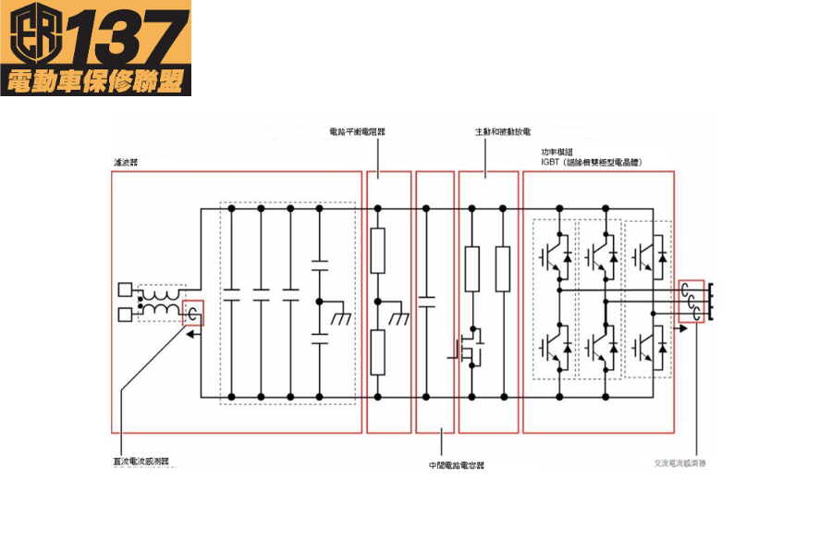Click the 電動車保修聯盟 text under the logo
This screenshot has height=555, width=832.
(96, 81)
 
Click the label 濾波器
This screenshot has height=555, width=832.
(123, 162)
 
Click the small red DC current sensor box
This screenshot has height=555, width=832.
(193, 314)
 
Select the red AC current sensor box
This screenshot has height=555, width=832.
(691, 302)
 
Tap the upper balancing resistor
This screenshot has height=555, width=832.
(377, 252)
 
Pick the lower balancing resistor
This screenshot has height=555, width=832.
(377, 351)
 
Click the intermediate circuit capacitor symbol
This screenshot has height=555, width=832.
(427, 300)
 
